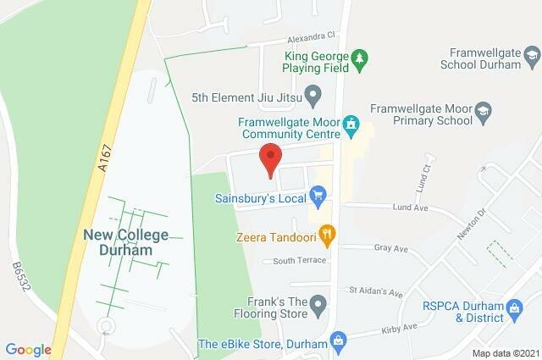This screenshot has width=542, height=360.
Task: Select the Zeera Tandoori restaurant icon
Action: (x=328, y=233)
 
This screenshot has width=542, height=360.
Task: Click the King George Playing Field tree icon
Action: (x=361, y=57)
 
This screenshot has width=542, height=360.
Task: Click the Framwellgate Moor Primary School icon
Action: (x=482, y=110)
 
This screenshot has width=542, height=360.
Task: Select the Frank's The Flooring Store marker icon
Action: (x=318, y=302)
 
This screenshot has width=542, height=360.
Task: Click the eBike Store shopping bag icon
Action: (x=339, y=342)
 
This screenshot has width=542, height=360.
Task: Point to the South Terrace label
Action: (x=294, y=260)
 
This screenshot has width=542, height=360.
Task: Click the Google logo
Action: (x=28, y=349)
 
